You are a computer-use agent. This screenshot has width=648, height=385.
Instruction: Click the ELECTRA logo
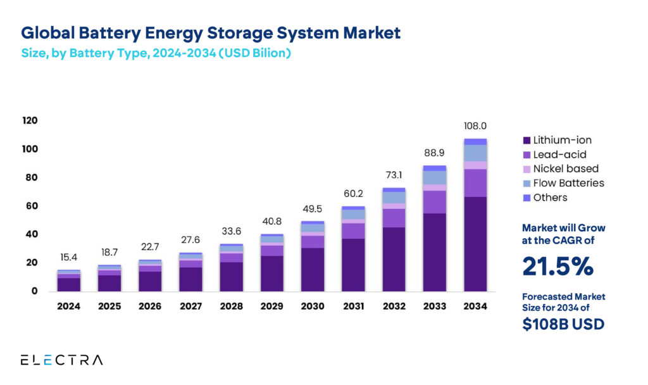click(x=61, y=360)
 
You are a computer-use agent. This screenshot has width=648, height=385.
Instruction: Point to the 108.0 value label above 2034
click(x=475, y=126)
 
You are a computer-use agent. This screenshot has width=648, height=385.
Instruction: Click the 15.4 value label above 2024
click(x=69, y=257)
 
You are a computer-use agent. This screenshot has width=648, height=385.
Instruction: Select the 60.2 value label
click(x=352, y=194)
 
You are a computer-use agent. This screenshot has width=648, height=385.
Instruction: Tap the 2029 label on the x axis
click(x=271, y=306)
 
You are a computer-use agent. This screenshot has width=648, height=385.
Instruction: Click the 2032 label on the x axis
click(x=394, y=306)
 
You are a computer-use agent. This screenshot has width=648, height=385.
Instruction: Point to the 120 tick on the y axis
click(x=30, y=120)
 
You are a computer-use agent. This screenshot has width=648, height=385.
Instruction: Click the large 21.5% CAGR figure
click(x=558, y=267)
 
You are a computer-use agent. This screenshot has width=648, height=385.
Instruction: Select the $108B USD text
click(x=563, y=324)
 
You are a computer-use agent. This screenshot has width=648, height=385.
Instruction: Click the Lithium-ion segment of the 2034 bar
click(x=475, y=244)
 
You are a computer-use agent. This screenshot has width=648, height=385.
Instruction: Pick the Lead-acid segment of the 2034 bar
click(x=475, y=183)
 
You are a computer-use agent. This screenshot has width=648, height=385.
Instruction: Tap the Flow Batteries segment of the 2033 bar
click(x=434, y=177)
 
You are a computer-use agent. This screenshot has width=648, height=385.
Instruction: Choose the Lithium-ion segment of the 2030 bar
click(x=312, y=269)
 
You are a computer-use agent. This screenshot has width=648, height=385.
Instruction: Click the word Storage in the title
click(x=253, y=32)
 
